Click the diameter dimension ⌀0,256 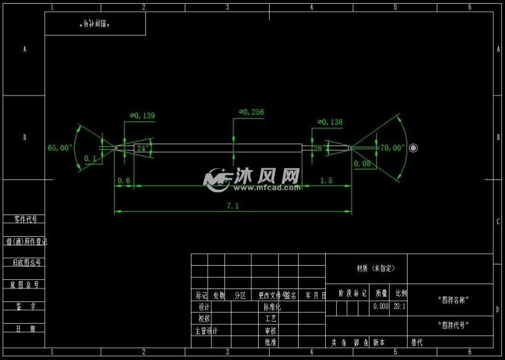251,112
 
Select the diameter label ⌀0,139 142,115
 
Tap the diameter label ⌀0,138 330,122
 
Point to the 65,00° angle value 60,148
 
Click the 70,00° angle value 392,148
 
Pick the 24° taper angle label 142,149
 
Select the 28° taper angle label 320,149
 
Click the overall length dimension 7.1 233,206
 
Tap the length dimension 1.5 326,181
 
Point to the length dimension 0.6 124,181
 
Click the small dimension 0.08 363,164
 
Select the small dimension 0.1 90,159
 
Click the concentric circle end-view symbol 413,148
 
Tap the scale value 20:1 399,306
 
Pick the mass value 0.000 381,306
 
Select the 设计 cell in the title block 204,306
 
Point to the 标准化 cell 272,306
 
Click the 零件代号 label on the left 25,219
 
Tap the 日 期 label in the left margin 25,329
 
